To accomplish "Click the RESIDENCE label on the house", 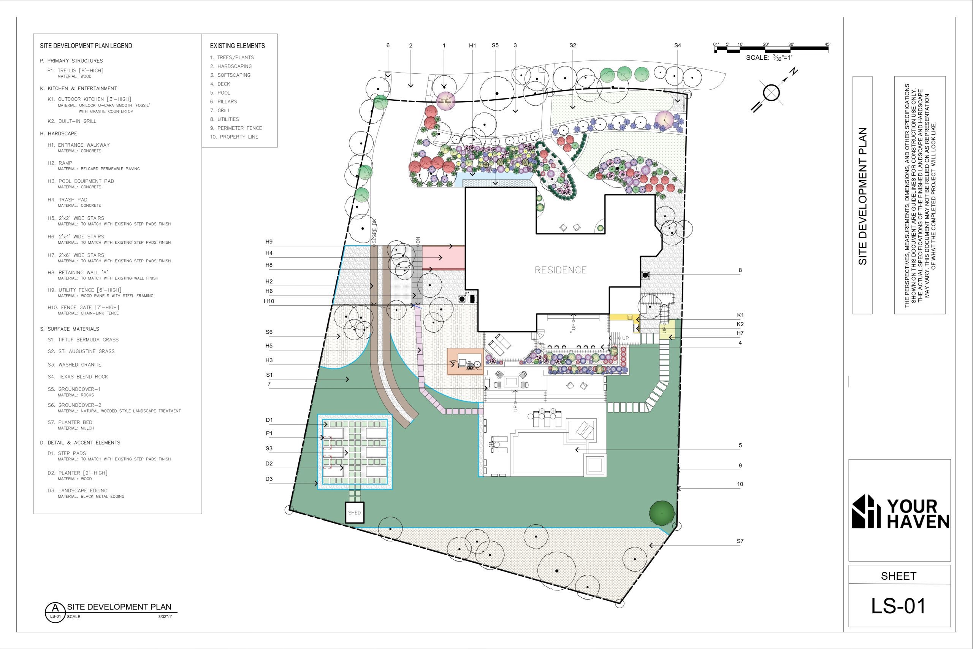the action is (561, 270).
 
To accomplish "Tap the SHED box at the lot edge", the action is (355, 513).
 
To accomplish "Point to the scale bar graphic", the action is (772, 50).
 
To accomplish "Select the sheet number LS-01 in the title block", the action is (898, 606).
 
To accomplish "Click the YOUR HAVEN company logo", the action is (900, 512).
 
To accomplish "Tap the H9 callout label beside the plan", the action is (269, 242).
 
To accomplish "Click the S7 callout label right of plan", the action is (740, 541).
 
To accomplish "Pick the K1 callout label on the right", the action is (740, 315).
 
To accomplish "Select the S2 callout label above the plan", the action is (572, 46).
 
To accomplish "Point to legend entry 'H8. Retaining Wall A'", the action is (78, 272).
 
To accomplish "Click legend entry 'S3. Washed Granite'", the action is (74, 365).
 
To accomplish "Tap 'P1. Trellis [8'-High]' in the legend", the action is (75, 70).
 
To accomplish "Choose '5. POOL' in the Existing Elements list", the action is (220, 93).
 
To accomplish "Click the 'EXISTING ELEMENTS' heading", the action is (238, 46).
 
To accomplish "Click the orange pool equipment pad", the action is (465, 361).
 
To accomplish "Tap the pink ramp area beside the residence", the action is (444, 257).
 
